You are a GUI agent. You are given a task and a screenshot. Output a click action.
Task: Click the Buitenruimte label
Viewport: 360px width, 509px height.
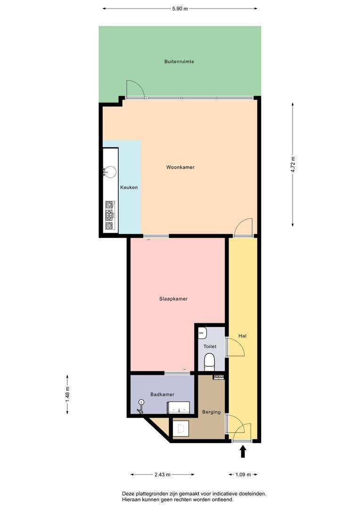tap(179, 61)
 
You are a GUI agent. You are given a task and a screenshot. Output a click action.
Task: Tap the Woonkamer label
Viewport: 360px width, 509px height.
tap(180, 167)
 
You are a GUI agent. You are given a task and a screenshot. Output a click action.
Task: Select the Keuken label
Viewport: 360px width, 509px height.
tap(129, 187)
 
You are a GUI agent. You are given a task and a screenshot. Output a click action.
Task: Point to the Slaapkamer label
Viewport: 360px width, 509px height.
tap(173, 299)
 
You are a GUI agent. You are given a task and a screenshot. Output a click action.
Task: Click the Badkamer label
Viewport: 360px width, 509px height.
tap(162, 394)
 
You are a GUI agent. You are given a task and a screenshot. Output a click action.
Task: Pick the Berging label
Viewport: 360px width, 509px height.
tap(211, 412)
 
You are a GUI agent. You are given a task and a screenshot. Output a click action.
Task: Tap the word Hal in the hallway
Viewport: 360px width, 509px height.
tap(243, 336)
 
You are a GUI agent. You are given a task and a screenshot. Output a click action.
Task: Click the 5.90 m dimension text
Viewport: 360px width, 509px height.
tap(180, 9)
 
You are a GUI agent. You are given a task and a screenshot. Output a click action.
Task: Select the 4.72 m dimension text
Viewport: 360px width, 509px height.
tap(293, 164)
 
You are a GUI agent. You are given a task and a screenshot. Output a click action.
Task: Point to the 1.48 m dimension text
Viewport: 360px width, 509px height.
tap(67, 394)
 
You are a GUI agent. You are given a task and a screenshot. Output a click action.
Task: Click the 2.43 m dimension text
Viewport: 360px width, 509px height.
tap(162, 475)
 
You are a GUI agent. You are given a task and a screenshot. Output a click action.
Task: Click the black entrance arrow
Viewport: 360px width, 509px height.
tap(243, 452)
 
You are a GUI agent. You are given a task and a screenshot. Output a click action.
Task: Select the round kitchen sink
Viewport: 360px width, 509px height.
tap(109, 172)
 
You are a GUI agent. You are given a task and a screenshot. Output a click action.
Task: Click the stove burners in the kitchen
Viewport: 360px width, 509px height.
tap(109, 215)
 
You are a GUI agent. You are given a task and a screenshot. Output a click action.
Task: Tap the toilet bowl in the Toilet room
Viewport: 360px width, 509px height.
tap(209, 362)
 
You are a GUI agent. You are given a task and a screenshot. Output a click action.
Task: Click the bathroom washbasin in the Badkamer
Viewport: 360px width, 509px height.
tap(178, 407)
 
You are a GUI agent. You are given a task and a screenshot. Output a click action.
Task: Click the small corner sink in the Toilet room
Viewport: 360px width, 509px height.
tap(202, 333)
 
